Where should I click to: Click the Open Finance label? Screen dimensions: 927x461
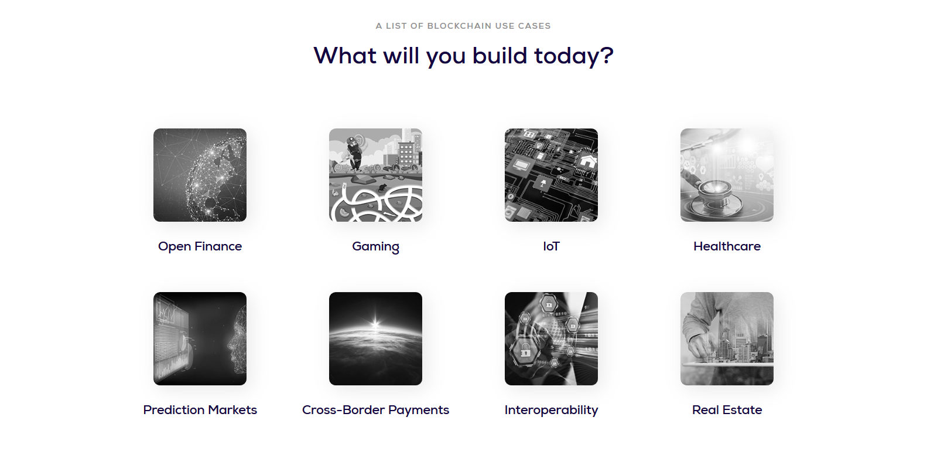pyautogui.click(x=200, y=246)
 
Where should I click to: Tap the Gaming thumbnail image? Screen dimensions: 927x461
pyautogui.click(x=375, y=175)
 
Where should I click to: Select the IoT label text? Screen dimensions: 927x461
pyautogui.click(x=551, y=246)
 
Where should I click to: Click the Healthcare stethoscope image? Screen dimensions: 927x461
pyautogui.click(x=727, y=175)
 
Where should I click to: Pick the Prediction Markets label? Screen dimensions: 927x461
pyautogui.click(x=200, y=409)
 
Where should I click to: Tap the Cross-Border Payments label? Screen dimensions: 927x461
pyautogui.click(x=375, y=410)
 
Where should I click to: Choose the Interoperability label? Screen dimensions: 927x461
pyautogui.click(x=551, y=410)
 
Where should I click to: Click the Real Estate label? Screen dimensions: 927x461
pyautogui.click(x=727, y=409)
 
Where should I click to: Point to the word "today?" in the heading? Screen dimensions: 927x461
pyautogui.click(x=573, y=56)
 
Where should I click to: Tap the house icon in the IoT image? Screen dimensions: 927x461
pyautogui.click(x=588, y=160)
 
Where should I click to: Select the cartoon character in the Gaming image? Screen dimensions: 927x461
pyautogui.click(x=354, y=153)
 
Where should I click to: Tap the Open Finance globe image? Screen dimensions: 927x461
pyautogui.click(x=200, y=175)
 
